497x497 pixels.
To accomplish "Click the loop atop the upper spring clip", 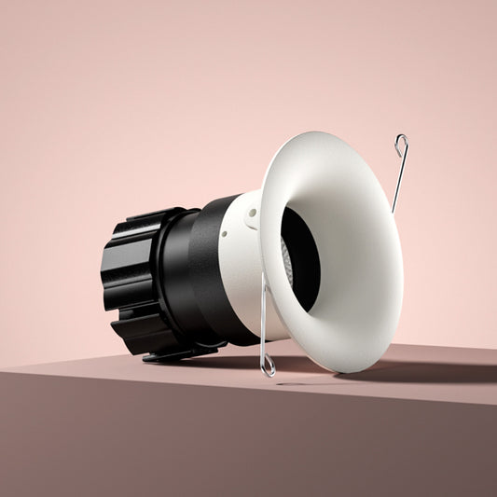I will (x=401, y=144).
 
